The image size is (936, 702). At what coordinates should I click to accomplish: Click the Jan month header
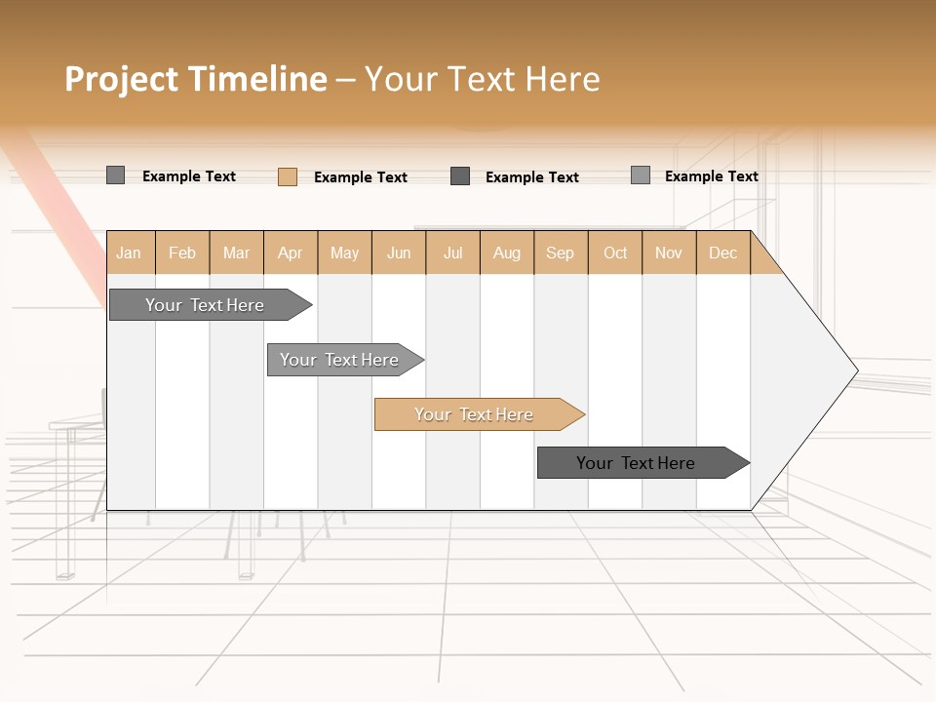coord(130,253)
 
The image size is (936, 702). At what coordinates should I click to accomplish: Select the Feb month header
coord(182,253)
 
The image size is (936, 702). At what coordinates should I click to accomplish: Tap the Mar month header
coord(236,253)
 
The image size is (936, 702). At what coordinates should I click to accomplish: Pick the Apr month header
coord(291,253)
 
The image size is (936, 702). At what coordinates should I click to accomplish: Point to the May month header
coord(344,253)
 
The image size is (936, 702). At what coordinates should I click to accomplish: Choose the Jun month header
coord(399,253)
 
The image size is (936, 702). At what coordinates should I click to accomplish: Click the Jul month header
coord(452,253)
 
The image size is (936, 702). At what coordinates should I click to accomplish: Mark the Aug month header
coord(507,253)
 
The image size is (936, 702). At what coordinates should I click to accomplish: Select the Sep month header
coord(561,253)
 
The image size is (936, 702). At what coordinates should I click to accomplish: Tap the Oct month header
coord(615,253)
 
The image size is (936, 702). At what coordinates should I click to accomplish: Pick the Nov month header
coord(669,253)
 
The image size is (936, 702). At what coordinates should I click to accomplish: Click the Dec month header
coord(723,253)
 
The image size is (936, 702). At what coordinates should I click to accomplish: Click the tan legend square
coord(288,176)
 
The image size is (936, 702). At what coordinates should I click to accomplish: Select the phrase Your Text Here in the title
coord(483,79)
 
